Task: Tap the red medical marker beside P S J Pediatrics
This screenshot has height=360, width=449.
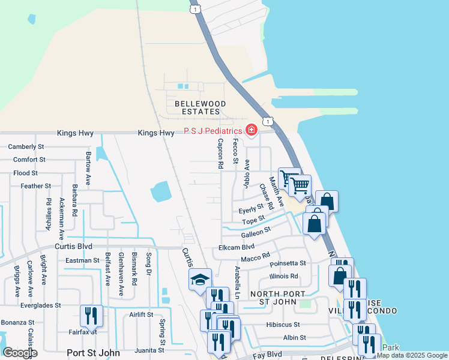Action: coord(251,130)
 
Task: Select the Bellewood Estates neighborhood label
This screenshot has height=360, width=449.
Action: coord(200,108)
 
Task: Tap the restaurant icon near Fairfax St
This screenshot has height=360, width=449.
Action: coord(91,315)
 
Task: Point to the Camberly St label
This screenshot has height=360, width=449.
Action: coord(26,146)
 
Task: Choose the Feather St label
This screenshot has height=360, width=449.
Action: coord(35,187)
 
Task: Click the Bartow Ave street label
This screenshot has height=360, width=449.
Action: coord(88,167)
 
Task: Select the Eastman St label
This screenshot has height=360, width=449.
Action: coord(82,260)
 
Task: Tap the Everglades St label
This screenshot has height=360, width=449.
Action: coord(41,305)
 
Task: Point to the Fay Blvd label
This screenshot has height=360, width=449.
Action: coord(267,354)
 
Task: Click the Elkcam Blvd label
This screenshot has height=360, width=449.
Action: coord(237,247)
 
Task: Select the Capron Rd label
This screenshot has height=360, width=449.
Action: coord(220,154)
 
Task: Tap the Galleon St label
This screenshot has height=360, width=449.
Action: coord(256,233)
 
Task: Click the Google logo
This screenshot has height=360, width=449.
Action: coord(20,353)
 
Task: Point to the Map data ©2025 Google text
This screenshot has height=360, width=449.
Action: coord(412,355)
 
